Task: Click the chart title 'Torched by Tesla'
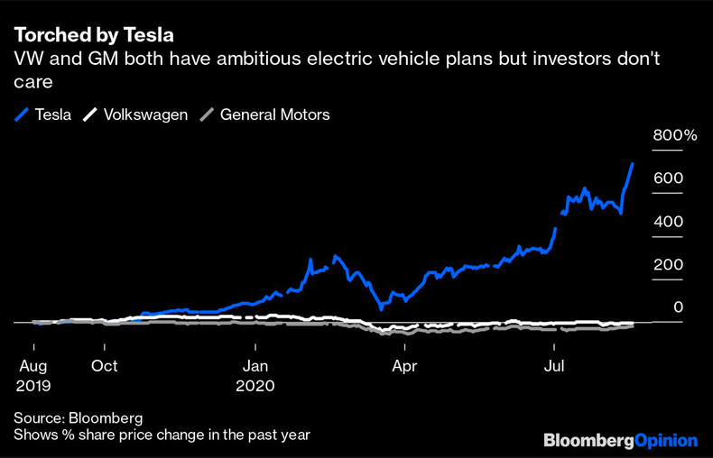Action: coord(93,36)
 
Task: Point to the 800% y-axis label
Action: coord(675,136)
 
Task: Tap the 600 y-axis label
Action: coord(668,179)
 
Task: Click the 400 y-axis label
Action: coord(668,222)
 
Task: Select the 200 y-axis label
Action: coord(668,265)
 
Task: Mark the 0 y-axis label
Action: coord(676,308)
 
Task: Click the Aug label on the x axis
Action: coord(33,367)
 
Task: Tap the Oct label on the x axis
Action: coord(105,367)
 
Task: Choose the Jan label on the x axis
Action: coord(255,367)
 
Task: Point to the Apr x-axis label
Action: coord(405,367)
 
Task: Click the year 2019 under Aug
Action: coord(33,385)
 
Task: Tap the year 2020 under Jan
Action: coord(255,385)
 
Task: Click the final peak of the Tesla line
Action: coord(633,164)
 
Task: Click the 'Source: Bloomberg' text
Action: coord(79,418)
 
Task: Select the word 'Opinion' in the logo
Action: coord(664,441)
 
